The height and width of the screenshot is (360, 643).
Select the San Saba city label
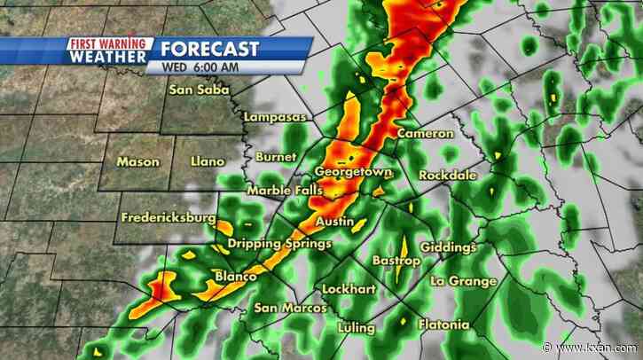point(200,90)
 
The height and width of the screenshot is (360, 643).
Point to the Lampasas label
point(274,117)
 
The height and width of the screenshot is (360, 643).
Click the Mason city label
point(138,161)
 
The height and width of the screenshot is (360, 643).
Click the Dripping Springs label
point(279,244)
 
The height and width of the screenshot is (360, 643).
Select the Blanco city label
point(236,277)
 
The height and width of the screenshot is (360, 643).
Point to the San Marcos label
point(290,308)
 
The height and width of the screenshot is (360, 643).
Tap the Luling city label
point(356,327)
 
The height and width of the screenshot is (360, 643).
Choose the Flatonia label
point(443,324)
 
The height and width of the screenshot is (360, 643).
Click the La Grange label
point(463,281)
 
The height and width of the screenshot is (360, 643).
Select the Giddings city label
point(449,247)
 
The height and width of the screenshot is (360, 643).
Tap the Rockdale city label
point(448,175)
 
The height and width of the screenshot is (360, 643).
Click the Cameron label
point(425,133)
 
